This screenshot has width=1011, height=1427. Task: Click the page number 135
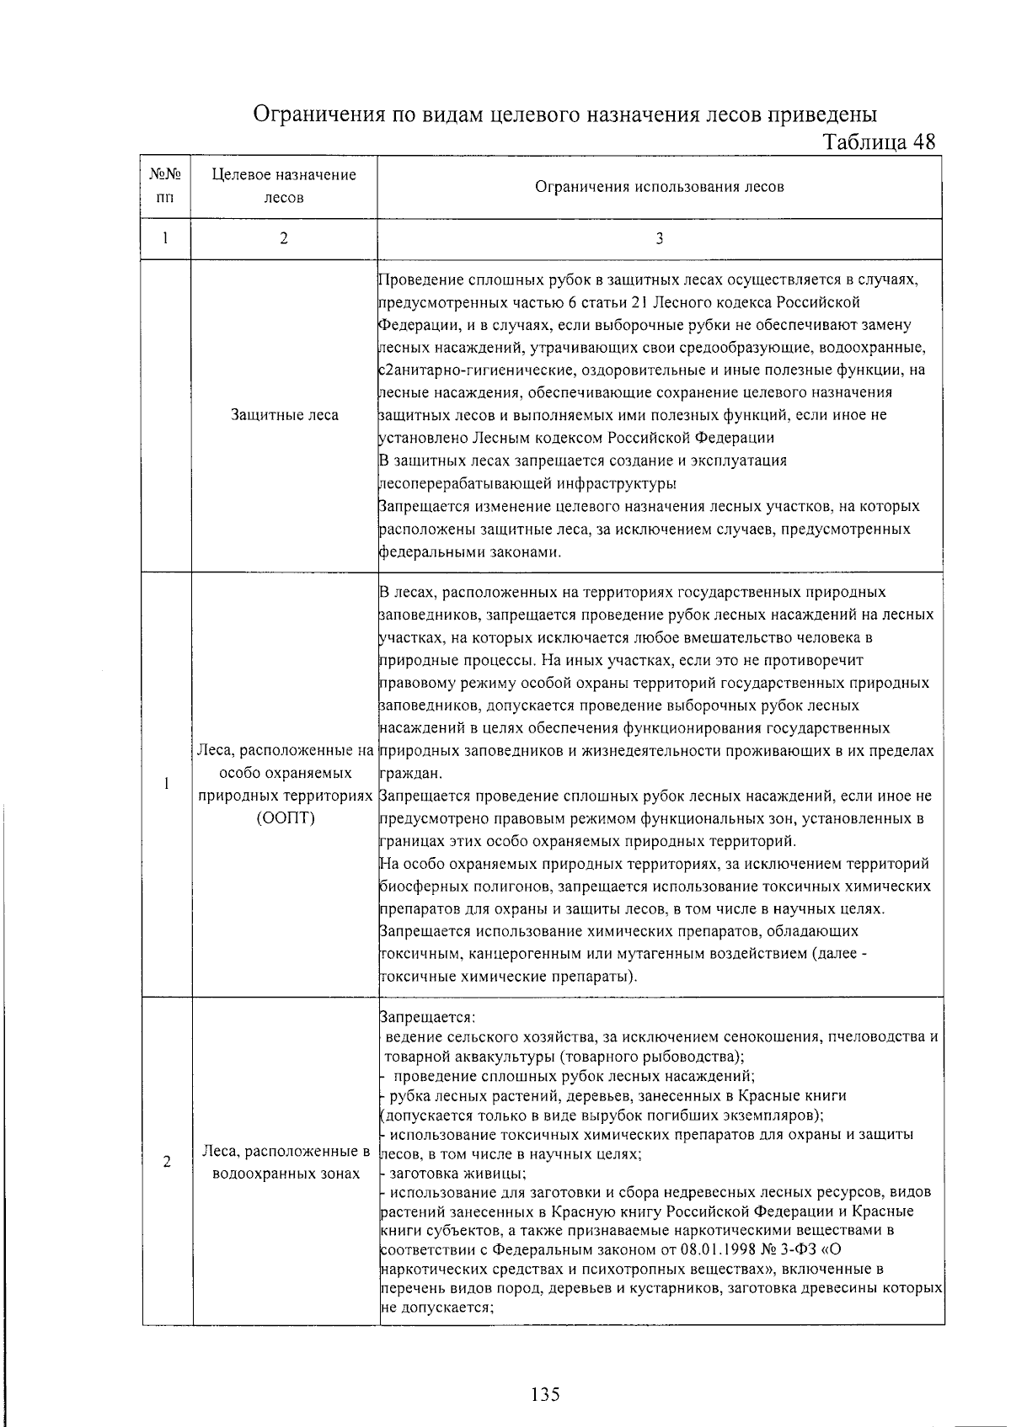(x=545, y=1395)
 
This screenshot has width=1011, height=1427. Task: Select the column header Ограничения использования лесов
(x=659, y=187)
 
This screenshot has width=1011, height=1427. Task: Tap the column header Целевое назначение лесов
(x=284, y=187)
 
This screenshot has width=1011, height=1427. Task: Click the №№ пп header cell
(x=166, y=187)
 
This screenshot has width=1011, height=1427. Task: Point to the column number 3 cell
(x=659, y=239)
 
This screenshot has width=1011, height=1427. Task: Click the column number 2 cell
(x=284, y=239)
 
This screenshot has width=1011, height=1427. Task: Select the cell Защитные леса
(x=284, y=415)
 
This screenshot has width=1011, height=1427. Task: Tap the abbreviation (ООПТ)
(x=284, y=819)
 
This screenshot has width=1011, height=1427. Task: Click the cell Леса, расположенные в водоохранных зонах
(x=284, y=1162)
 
